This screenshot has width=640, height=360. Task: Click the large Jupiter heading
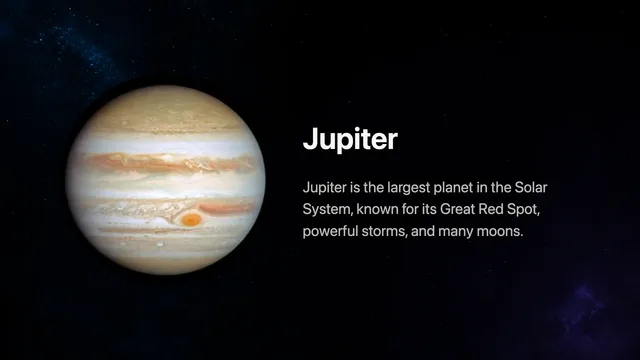350,139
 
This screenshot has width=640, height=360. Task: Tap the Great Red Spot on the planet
191,220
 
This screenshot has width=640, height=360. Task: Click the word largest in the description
409,189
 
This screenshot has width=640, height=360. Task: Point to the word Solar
531,187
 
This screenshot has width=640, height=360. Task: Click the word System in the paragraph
327,210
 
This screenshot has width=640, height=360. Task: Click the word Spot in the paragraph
524,210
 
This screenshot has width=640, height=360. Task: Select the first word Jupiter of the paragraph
324,189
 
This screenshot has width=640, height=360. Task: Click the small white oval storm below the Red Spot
160,244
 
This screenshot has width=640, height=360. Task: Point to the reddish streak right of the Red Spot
226,209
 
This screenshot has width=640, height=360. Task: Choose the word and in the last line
422,231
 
